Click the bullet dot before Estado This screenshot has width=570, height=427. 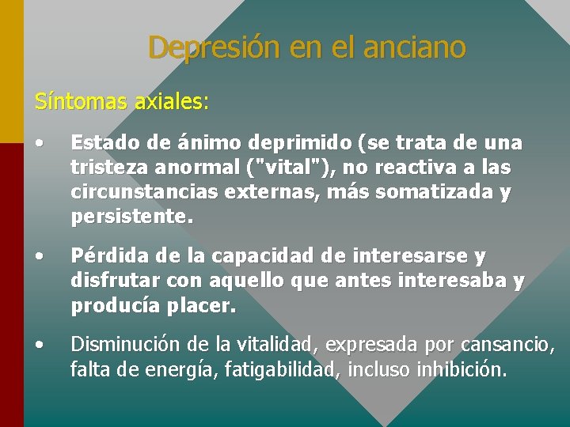point(39,143)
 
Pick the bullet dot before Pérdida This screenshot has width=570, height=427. point(39,257)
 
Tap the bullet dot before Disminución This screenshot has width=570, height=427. point(39,344)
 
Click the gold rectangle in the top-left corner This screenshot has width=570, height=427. point(11,71)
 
